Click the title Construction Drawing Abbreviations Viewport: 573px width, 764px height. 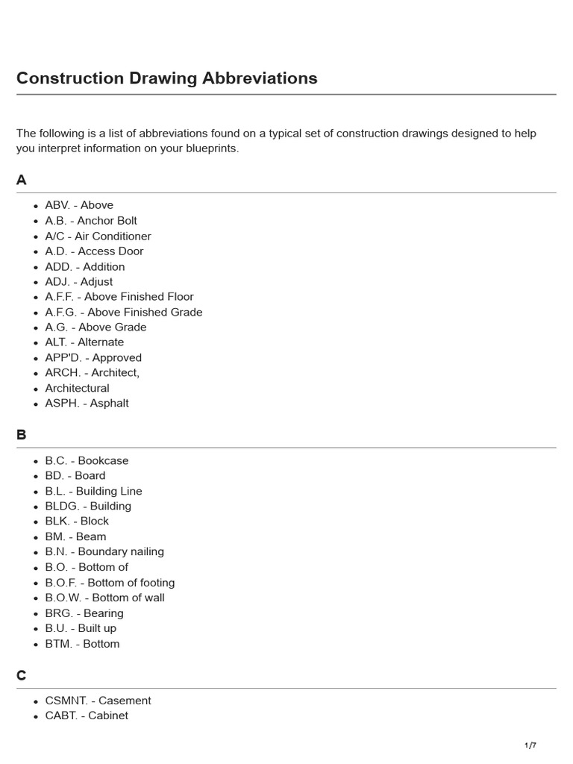click(167, 78)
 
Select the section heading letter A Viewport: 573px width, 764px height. click(22, 180)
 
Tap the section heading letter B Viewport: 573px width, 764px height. click(22, 435)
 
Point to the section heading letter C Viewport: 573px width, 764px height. click(22, 675)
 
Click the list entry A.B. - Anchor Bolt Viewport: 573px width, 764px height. click(91, 221)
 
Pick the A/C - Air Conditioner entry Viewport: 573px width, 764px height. click(98, 237)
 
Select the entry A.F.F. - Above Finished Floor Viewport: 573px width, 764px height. click(119, 297)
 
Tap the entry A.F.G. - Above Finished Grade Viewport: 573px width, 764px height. click(124, 313)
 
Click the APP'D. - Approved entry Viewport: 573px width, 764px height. click(93, 358)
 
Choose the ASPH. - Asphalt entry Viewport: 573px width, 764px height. click(87, 404)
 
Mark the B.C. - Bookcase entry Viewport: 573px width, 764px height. click(87, 461)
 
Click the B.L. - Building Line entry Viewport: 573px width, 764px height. click(93, 492)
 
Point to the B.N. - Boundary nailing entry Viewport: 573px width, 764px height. click(104, 552)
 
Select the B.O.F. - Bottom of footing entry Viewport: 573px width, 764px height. click(110, 583)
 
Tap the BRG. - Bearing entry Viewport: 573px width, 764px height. click(84, 613)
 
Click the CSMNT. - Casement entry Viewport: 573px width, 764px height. click(98, 701)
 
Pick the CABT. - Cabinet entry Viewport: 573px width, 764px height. click(87, 716)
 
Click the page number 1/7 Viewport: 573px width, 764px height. click(530, 745)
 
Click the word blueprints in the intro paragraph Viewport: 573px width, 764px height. click(211, 148)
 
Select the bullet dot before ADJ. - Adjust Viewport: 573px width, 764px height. click(36, 283)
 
